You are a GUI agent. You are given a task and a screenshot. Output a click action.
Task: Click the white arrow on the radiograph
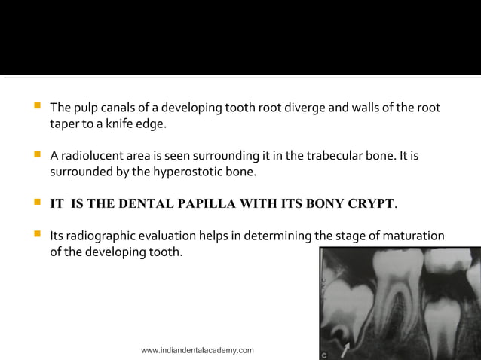(x=345, y=348)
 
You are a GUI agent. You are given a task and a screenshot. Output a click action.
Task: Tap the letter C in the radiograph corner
(x=324, y=353)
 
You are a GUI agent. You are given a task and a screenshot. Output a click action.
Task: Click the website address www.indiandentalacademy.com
(x=198, y=350)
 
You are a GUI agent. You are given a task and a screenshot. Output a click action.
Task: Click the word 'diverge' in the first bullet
(x=292, y=108)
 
